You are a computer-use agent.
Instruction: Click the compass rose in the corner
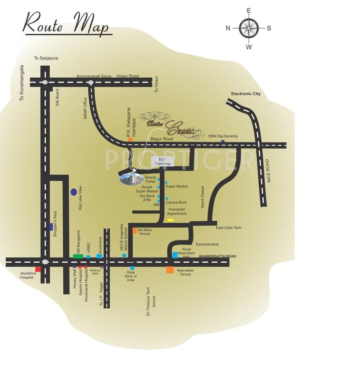(249, 28)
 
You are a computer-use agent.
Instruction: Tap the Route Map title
(67, 24)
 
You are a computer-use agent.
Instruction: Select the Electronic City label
(246, 94)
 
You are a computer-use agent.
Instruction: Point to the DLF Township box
(162, 162)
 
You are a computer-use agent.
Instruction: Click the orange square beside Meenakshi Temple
(170, 270)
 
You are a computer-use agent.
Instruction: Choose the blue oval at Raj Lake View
(73, 192)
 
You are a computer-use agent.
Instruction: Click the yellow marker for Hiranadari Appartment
(170, 220)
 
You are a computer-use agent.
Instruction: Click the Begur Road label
(161, 138)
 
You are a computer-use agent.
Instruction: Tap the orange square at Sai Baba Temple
(135, 231)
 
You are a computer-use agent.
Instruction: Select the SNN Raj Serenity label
(223, 137)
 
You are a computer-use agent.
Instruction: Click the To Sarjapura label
(46, 58)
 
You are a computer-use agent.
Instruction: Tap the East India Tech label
(229, 228)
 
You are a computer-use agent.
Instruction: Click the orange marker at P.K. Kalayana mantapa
(130, 139)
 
